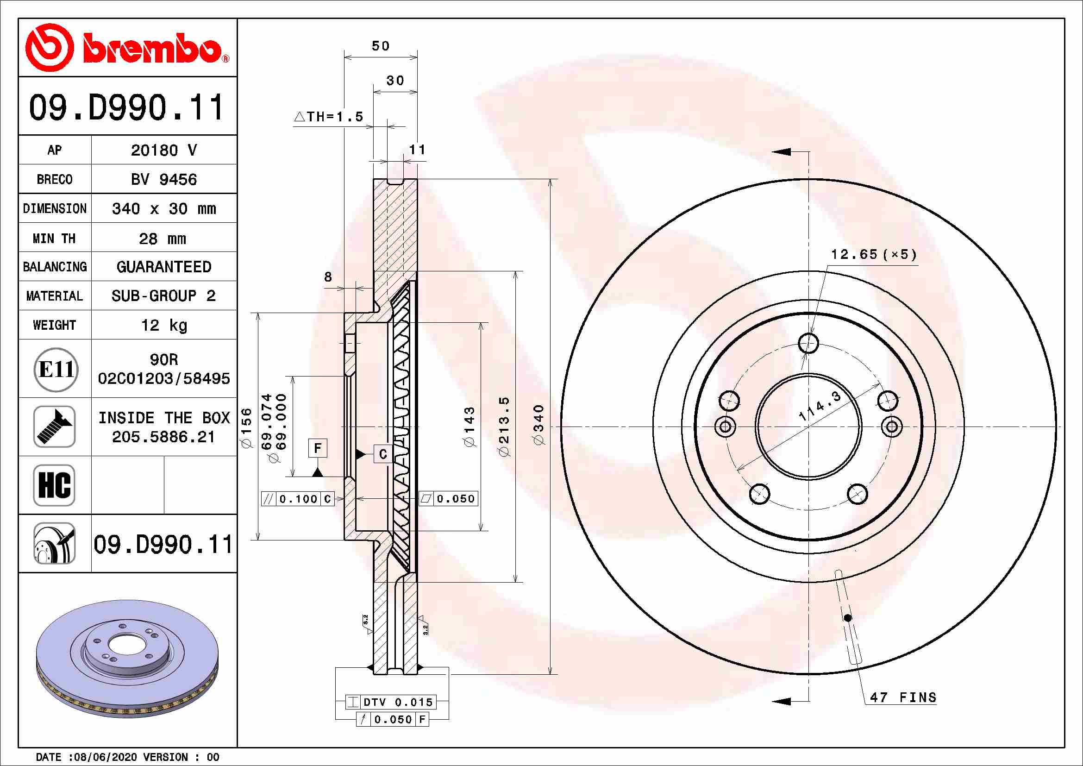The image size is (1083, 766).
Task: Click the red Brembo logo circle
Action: coord(49,47)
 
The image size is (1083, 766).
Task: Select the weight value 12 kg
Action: coord(163,325)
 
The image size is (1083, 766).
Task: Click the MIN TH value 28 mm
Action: coord(162,239)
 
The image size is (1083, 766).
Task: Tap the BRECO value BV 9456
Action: coord(163,180)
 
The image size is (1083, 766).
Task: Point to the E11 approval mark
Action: coord(56,369)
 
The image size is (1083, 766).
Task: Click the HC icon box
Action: coord(54,485)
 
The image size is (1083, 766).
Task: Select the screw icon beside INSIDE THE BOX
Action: coord(54,427)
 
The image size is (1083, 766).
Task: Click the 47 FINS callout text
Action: coord(903,697)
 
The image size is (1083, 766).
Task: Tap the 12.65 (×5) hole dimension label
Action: coord(874,255)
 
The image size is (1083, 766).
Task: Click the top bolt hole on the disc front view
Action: coord(808,343)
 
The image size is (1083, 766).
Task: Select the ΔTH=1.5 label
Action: coord(329,117)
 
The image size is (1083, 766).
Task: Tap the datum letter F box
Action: coord(318,448)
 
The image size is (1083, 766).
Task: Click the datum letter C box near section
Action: coord(382,454)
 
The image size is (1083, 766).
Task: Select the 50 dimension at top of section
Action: coord(381,46)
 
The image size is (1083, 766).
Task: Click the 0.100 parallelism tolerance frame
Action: coord(298,499)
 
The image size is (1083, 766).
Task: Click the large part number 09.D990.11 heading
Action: coord(126,107)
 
